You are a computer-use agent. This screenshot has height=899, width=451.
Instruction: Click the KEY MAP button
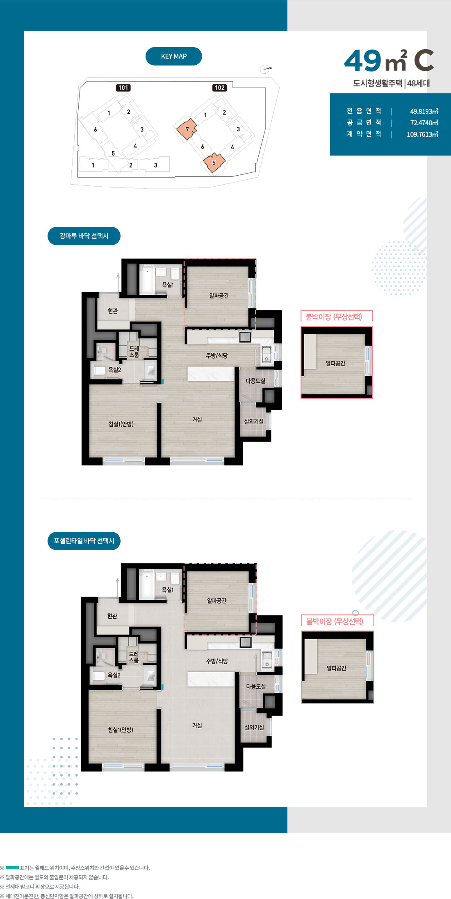[x=174, y=56]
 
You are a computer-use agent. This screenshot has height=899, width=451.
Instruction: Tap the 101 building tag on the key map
[x=123, y=88]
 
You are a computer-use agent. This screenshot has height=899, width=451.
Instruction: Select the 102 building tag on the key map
[x=220, y=88]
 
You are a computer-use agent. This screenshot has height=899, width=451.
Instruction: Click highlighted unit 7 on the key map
[x=187, y=129]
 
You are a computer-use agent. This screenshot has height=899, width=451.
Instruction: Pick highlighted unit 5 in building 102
[x=214, y=163]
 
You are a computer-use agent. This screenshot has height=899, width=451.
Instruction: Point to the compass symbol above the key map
[x=266, y=69]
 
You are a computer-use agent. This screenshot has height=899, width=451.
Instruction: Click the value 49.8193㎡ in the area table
[x=424, y=111]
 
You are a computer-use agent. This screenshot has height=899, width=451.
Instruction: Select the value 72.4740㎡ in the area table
[x=424, y=123]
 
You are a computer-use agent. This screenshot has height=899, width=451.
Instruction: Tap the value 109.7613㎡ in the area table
[x=422, y=134]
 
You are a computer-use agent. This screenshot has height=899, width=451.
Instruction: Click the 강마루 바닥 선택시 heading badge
[x=84, y=236]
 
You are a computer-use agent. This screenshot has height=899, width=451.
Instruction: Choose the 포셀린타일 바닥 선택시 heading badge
[x=84, y=541]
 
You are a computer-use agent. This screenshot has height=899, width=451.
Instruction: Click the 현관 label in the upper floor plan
[x=113, y=311]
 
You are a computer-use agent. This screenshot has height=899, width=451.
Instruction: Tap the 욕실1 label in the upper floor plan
[x=168, y=285]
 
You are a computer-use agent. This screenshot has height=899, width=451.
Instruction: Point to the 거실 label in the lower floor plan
[x=197, y=725]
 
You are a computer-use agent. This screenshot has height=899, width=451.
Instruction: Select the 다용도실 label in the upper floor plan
[x=255, y=381]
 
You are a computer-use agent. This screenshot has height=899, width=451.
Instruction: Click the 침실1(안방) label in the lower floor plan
[x=121, y=730]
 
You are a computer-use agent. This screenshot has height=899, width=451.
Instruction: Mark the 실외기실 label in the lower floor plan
[x=254, y=727]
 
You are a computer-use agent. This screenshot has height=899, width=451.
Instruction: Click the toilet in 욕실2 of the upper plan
[x=99, y=370]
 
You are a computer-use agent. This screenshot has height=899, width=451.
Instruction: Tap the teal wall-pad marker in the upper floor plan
[x=162, y=382]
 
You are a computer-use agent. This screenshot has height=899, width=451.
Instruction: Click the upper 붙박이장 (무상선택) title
[x=334, y=317]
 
